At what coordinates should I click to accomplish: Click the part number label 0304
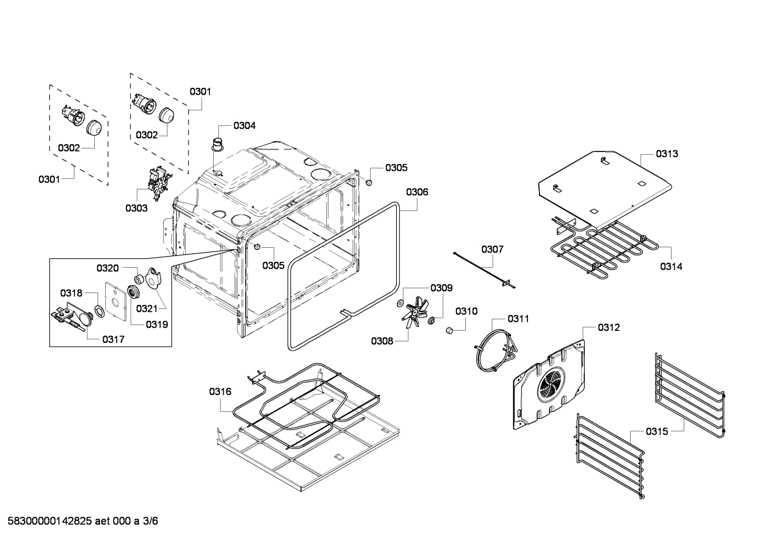244,126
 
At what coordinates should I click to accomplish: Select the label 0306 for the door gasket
417,192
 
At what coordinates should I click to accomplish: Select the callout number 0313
666,154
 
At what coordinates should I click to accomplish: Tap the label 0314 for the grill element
671,267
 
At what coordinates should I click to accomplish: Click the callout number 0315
657,431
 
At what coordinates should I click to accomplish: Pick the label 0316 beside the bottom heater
220,391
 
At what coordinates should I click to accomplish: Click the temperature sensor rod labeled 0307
484,269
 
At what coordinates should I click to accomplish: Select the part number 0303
136,208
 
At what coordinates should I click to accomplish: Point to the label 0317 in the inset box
113,339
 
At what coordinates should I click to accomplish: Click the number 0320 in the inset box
107,268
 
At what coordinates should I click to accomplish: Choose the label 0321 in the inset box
147,308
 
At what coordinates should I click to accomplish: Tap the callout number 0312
608,328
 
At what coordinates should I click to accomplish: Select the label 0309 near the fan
441,288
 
